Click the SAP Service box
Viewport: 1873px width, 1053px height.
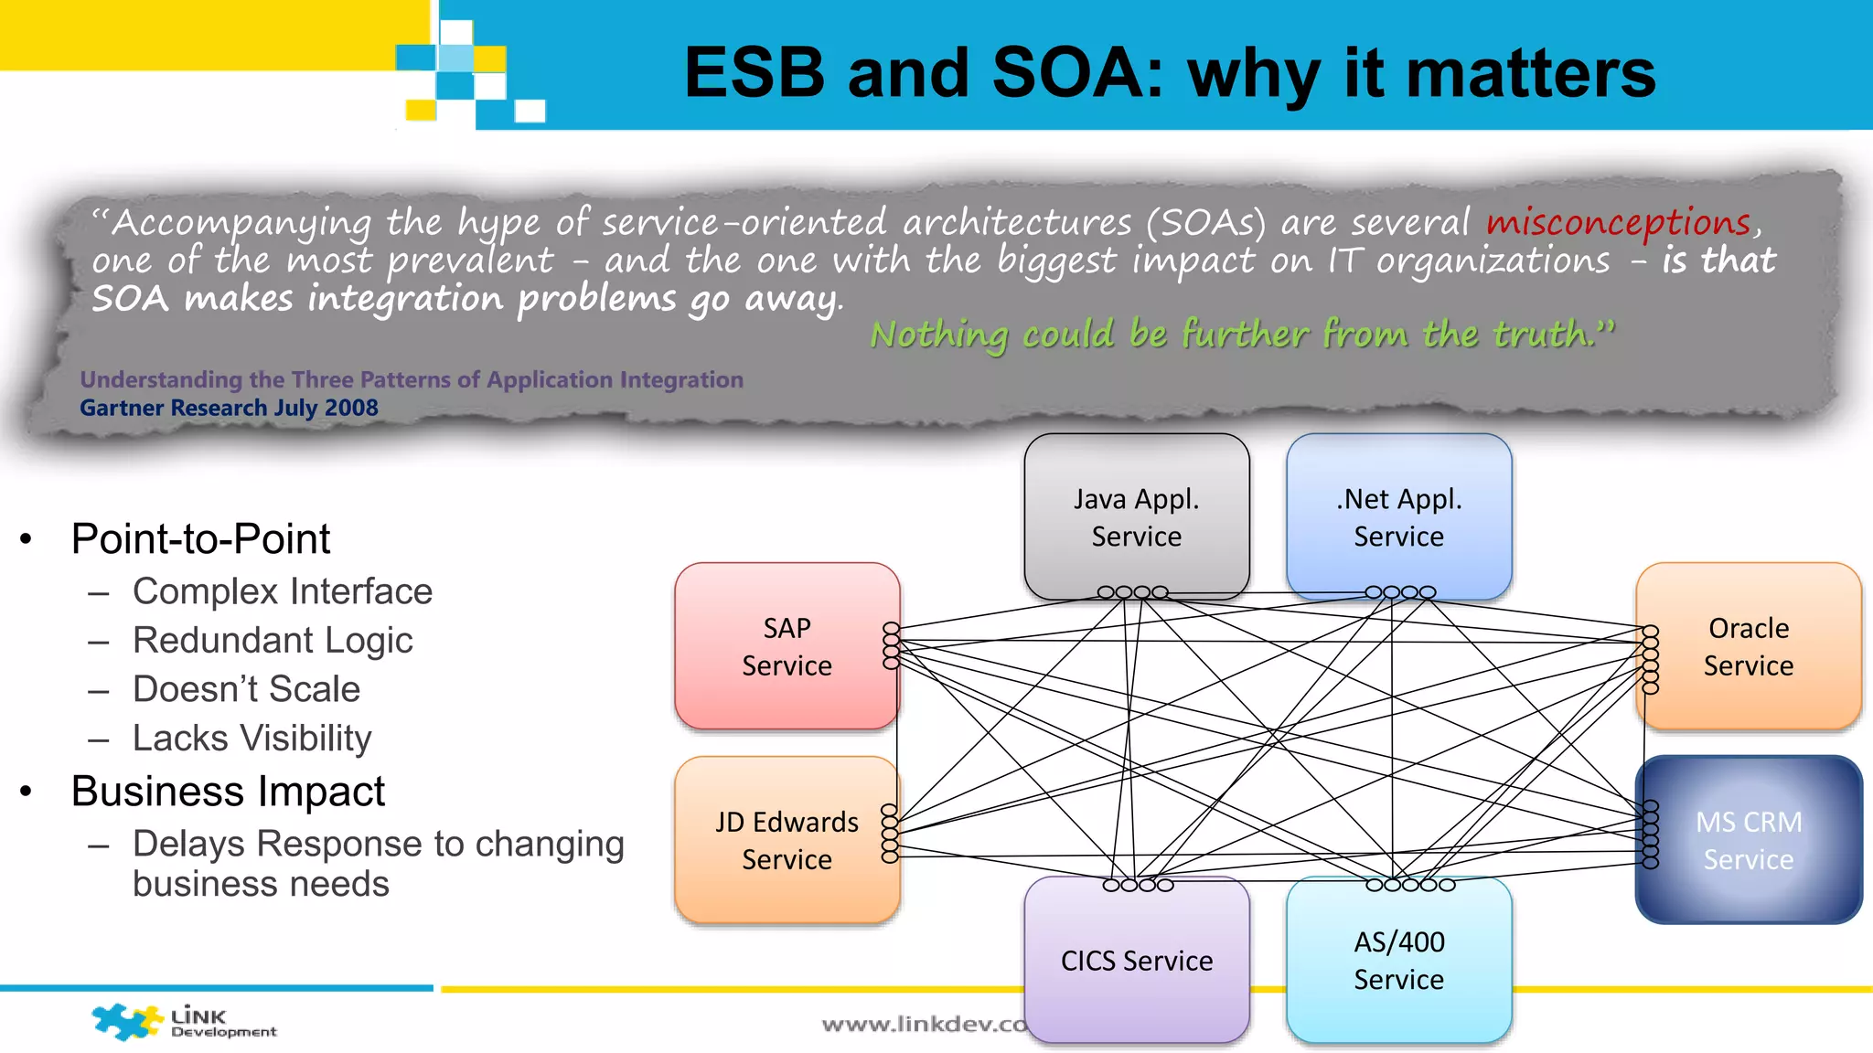(x=787, y=646)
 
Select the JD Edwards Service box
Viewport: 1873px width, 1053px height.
(x=787, y=839)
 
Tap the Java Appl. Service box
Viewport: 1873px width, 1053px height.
(x=1136, y=516)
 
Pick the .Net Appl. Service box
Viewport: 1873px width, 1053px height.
(x=1398, y=516)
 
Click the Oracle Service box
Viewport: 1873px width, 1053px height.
(x=1748, y=646)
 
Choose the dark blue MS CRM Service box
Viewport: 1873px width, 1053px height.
(x=1748, y=839)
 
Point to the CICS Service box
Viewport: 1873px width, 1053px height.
(x=1136, y=960)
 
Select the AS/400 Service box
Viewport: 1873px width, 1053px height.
(x=1398, y=960)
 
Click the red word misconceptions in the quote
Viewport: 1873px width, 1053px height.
(x=1618, y=222)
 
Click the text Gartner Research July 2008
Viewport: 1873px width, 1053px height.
(x=229, y=408)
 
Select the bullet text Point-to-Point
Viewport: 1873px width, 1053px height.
(x=200, y=538)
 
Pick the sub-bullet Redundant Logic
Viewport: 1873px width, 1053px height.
(x=273, y=640)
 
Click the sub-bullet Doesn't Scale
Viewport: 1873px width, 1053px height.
(x=246, y=689)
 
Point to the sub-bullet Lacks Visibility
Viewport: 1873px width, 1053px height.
(x=252, y=738)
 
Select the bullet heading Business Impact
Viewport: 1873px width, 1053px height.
(x=228, y=791)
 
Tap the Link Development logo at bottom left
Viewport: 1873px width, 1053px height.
(x=183, y=1022)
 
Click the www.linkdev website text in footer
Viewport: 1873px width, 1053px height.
(x=924, y=1025)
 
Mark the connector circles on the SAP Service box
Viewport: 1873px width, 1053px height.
(x=891, y=646)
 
